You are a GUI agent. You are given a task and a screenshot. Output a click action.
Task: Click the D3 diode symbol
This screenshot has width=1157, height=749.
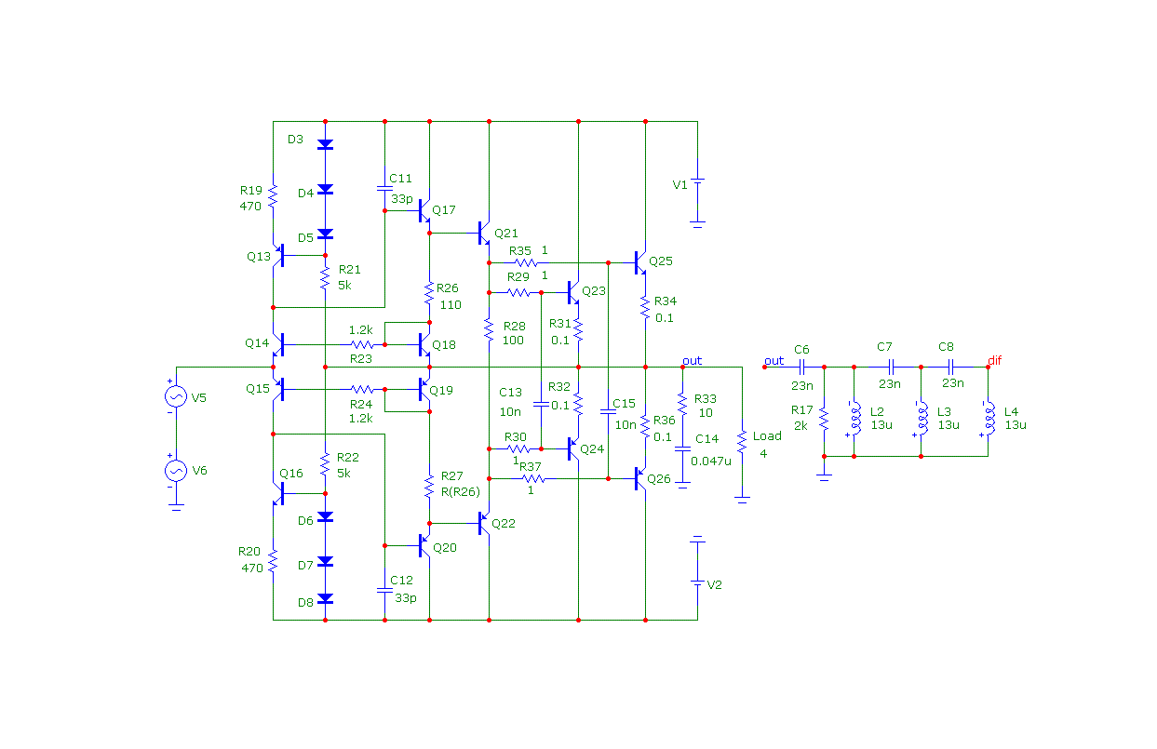pyautogui.click(x=325, y=144)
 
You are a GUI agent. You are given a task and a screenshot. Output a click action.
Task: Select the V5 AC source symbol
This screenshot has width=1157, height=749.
pyautogui.click(x=176, y=396)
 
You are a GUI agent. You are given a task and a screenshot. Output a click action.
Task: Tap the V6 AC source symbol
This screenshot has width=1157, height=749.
pyautogui.click(x=176, y=471)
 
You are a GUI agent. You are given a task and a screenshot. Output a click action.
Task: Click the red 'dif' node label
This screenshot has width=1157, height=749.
pyautogui.click(x=995, y=360)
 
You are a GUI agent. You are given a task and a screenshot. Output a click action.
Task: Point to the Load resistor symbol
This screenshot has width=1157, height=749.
pyautogui.click(x=742, y=442)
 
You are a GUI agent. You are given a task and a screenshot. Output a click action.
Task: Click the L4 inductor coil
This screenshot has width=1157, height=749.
pyautogui.click(x=989, y=418)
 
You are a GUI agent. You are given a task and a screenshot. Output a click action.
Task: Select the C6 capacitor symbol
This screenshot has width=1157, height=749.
pyautogui.click(x=801, y=367)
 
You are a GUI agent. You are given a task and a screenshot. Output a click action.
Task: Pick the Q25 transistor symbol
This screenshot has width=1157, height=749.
pyautogui.click(x=641, y=262)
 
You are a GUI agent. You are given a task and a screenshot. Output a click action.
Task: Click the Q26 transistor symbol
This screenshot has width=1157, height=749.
pyautogui.click(x=641, y=479)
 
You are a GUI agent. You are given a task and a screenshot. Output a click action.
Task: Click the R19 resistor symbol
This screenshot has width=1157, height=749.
pyautogui.click(x=274, y=196)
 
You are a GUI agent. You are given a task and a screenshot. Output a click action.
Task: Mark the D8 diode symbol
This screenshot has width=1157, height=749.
pyautogui.click(x=325, y=599)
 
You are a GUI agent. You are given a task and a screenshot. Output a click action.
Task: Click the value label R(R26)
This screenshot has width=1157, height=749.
pyautogui.click(x=460, y=492)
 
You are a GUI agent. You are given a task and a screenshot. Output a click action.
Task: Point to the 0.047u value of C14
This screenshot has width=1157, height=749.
pyautogui.click(x=711, y=461)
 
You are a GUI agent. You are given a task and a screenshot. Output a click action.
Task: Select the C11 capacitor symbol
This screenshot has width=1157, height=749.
pyautogui.click(x=384, y=189)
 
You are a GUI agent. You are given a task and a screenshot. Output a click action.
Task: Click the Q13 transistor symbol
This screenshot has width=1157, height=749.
pyautogui.click(x=278, y=255)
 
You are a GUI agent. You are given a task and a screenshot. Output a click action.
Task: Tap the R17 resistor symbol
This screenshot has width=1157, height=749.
pyautogui.click(x=825, y=419)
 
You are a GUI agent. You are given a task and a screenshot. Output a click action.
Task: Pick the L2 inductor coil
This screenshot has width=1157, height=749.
pyautogui.click(x=854, y=418)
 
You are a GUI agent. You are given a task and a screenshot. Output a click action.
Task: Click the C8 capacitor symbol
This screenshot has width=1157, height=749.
pyautogui.click(x=950, y=367)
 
